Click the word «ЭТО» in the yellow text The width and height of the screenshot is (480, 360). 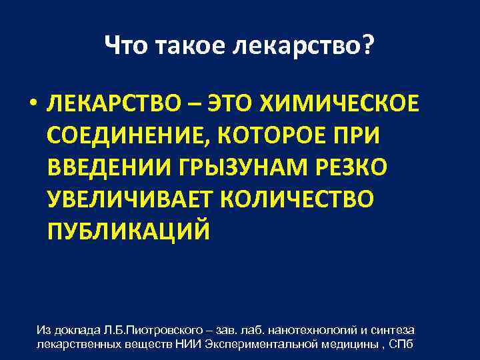pos(231,105)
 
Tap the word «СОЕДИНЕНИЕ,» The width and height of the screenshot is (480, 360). pos(125,137)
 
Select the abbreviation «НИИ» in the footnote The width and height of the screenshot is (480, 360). pos(191,344)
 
